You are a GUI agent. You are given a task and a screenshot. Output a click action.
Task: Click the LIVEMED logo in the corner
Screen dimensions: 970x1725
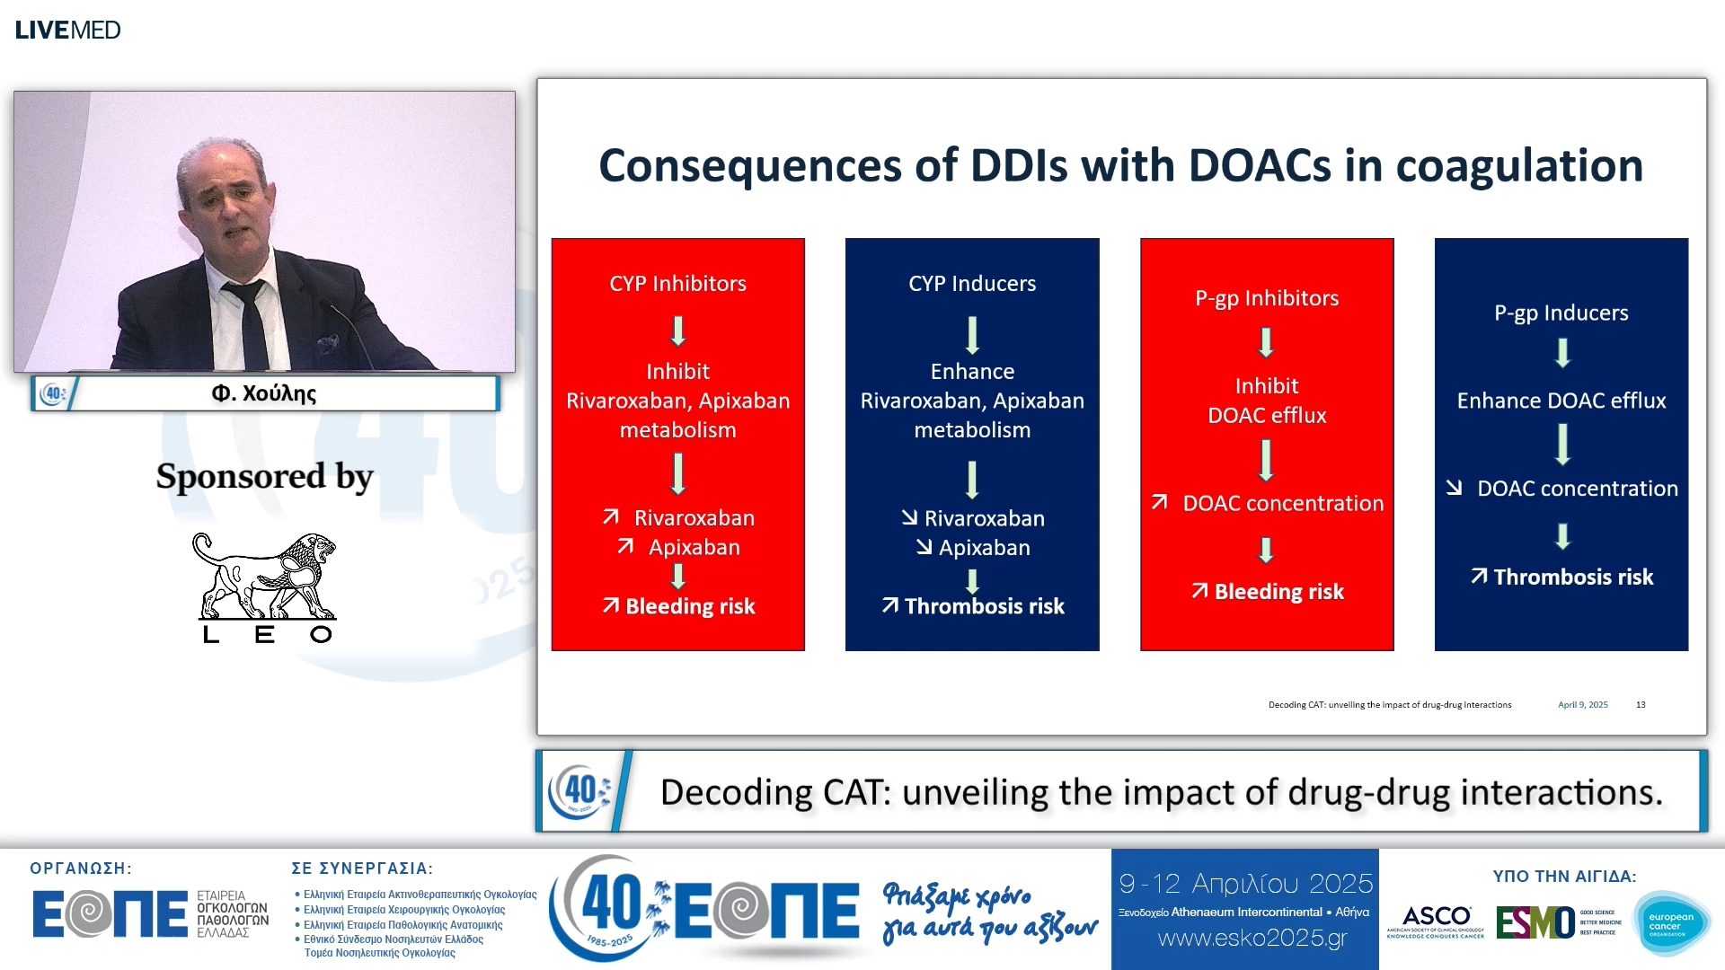coord(67,30)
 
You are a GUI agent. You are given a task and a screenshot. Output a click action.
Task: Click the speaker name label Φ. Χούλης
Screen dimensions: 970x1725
coord(264,393)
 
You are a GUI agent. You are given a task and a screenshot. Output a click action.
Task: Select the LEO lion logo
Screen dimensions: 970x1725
coord(265,586)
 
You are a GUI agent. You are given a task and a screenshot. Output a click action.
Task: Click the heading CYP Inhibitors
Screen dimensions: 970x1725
coord(677,284)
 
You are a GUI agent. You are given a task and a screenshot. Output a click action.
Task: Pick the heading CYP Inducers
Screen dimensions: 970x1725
coord(972,284)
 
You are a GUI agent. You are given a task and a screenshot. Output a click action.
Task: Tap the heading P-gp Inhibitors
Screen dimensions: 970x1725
coord(1266,298)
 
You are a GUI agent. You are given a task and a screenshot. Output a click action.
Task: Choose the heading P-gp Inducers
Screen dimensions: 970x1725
coord(1561,313)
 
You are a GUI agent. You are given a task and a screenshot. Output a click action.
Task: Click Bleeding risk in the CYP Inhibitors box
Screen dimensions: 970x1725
coord(689,606)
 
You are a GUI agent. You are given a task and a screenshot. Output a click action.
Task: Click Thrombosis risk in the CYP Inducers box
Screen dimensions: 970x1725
coord(984,606)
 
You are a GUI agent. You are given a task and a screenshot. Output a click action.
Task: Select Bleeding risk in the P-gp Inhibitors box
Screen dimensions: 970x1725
coord(1278,592)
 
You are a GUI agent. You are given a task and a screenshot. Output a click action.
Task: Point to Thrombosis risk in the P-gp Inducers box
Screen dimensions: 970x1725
coord(1572,578)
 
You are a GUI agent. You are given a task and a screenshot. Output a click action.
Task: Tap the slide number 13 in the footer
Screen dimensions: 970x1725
coord(1641,705)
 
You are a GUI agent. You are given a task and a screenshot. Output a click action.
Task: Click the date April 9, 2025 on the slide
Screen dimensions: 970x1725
coord(1582,705)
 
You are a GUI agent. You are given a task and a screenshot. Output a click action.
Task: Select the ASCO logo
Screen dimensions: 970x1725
coord(1436,921)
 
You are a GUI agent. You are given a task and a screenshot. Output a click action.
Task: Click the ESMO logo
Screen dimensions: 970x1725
coord(1535,922)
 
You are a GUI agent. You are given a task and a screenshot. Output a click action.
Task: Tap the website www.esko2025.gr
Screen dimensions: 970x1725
coord(1252,939)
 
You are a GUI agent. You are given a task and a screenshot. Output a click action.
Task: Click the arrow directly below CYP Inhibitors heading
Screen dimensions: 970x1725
coord(678,331)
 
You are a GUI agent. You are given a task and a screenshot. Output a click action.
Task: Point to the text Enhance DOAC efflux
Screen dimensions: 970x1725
coord(1561,401)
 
